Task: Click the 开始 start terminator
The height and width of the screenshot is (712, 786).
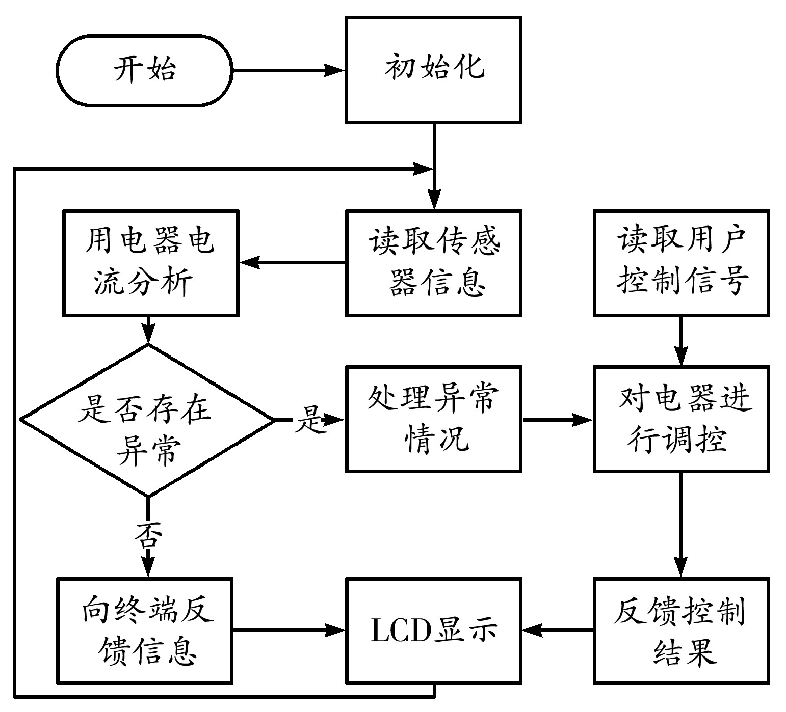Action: point(144,70)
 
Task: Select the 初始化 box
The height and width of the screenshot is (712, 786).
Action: point(433,70)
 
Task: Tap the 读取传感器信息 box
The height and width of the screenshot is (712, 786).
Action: point(433,263)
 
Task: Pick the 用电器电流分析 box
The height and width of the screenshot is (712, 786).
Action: point(150,263)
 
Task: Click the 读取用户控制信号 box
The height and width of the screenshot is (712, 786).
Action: point(681,263)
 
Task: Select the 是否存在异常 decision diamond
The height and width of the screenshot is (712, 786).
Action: point(148,420)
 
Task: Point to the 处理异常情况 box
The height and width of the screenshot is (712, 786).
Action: point(433,419)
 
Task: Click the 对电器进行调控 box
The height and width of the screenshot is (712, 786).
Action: point(681,419)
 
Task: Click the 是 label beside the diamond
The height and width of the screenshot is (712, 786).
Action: point(309,420)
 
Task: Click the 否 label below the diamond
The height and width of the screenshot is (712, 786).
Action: point(148,535)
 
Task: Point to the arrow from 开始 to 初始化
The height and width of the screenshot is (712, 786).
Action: point(288,70)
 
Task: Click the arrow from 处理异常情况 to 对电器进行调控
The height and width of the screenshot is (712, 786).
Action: point(558,420)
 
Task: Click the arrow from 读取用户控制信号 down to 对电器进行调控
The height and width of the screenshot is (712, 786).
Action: point(681,340)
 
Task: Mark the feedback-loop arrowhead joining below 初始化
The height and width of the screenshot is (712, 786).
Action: point(423,169)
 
